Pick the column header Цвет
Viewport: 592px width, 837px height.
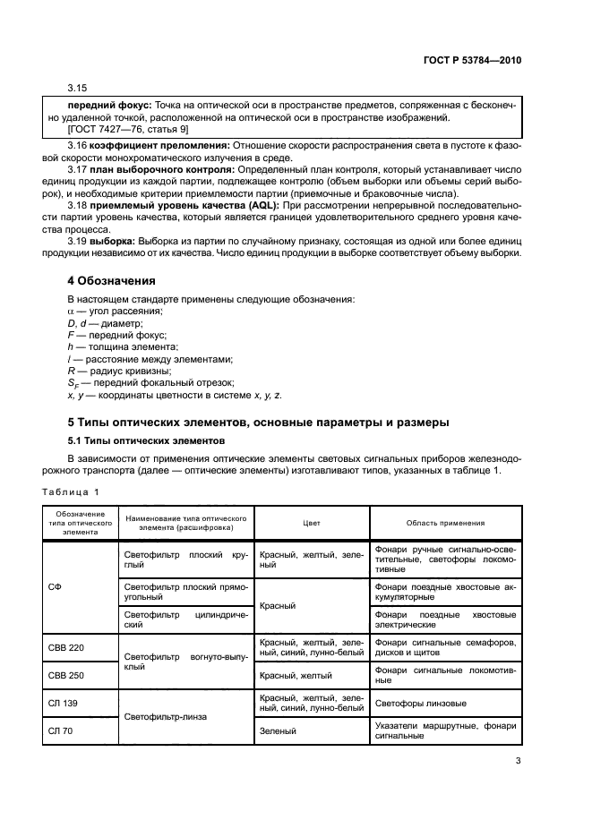pyautogui.click(x=312, y=523)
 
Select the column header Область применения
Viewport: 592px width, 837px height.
pyautogui.click(x=445, y=523)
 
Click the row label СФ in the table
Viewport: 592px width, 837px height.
pyautogui.click(x=55, y=586)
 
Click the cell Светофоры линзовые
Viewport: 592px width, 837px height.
pyautogui.click(x=421, y=703)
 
